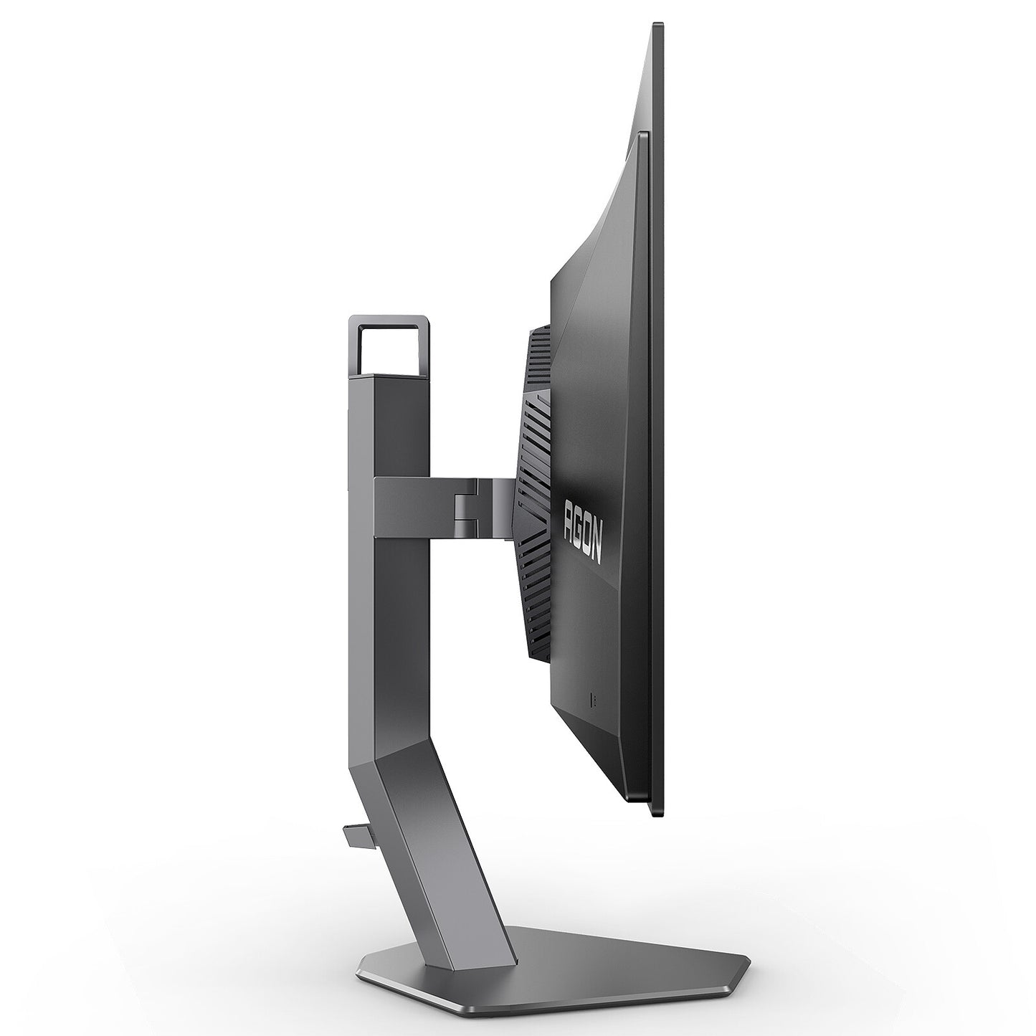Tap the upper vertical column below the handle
(387, 430)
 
